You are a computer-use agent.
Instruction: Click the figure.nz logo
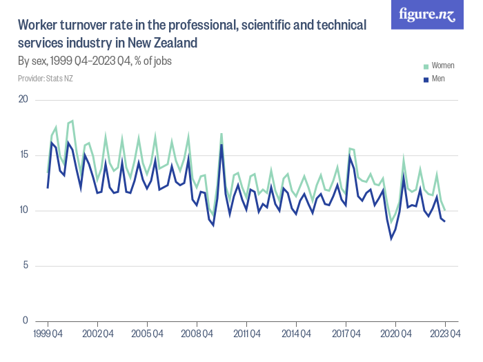427,15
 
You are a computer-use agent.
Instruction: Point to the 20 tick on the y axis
23,99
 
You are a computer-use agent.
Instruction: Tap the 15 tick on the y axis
23,154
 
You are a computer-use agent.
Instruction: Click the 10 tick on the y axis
23,210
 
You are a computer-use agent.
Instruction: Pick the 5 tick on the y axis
25,265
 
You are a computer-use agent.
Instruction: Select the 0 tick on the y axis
25,321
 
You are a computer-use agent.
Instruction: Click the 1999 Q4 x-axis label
48,334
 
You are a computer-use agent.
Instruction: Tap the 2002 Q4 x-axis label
97,334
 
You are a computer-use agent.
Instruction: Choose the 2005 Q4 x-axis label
147,334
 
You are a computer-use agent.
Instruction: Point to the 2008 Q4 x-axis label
197,334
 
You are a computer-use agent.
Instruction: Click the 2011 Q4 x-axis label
246,334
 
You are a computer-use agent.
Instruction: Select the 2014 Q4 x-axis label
296,334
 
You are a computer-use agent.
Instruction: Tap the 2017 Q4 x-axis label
346,334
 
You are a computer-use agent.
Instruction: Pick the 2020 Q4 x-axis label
395,334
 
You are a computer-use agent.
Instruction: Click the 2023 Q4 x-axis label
445,334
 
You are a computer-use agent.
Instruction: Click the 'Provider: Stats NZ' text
46,79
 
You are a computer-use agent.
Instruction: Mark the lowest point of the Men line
391,239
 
